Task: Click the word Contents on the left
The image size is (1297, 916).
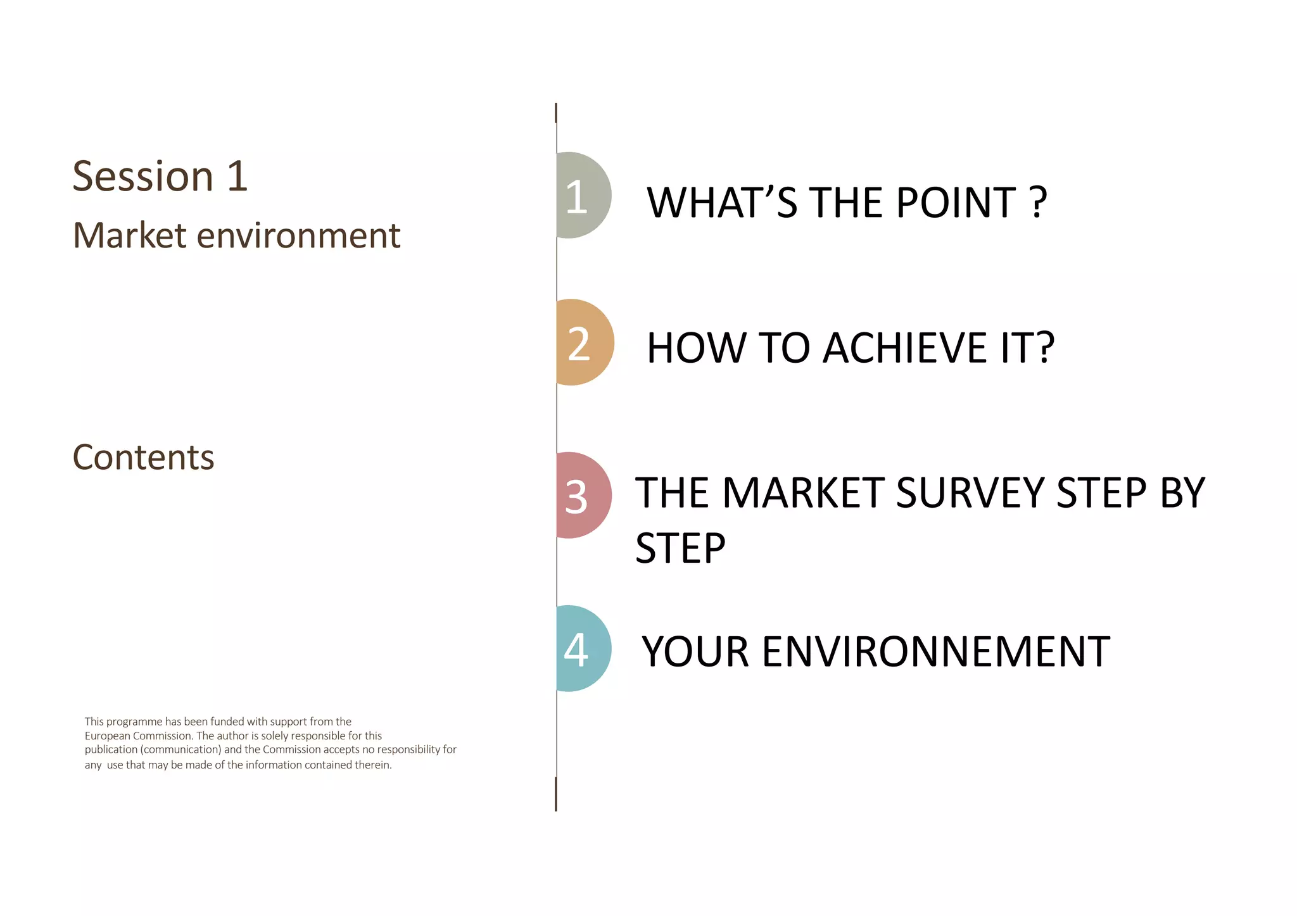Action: [x=144, y=457]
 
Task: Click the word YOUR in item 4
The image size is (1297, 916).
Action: [x=696, y=652]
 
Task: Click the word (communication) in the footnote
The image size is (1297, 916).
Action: [x=180, y=750]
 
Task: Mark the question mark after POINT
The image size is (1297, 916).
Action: [x=1039, y=203]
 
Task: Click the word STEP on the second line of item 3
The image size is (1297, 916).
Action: [x=680, y=548]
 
